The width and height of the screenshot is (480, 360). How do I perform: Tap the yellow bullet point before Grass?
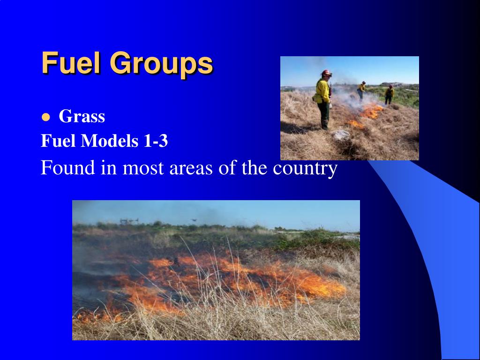46,117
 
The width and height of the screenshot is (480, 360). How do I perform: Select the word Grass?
82,117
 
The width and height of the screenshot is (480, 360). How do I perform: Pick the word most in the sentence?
140,168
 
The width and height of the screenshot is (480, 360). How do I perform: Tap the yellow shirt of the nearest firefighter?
322,91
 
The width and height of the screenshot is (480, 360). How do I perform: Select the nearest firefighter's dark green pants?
324,115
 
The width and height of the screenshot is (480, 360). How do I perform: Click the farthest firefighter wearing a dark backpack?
389,94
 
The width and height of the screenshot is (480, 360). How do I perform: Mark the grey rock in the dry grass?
340,135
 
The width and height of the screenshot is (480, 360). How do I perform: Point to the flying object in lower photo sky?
194,219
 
